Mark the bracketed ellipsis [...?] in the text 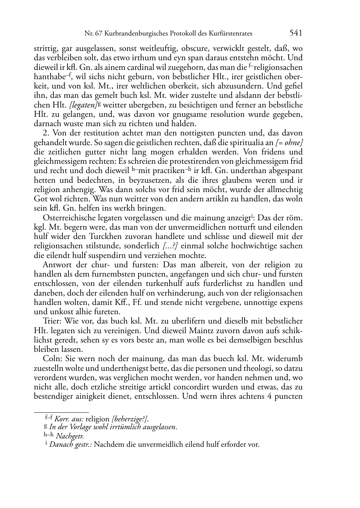click(x=170, y=246)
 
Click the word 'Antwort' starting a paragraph click(x=57, y=265)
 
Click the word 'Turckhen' click(x=104, y=237)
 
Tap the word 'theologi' click(x=246, y=368)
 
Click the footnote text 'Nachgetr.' click(x=70, y=436)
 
